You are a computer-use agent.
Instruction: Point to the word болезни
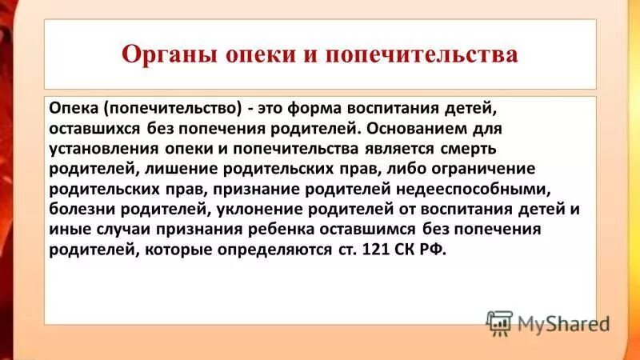78,209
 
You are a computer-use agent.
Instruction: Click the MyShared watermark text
563,324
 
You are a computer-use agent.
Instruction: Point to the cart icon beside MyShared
499,323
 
